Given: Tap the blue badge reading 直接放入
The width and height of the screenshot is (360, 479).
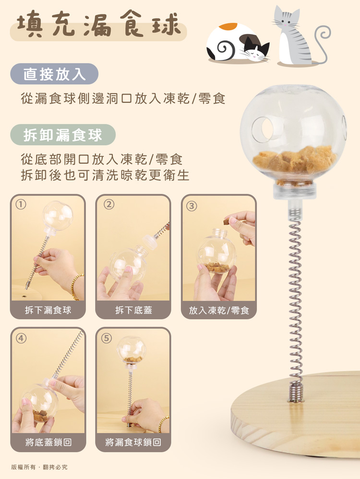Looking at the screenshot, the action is click(54, 74).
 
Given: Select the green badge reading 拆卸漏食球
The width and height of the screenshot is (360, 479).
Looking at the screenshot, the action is click(63, 135).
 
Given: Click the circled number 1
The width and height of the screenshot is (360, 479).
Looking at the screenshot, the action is click(21, 204).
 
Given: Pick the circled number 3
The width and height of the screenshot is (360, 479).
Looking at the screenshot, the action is click(192, 206).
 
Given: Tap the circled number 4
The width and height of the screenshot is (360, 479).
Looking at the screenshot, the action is click(21, 338).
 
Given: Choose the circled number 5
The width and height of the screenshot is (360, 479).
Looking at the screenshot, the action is click(107, 338).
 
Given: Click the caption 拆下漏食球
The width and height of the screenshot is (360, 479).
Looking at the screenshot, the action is click(48, 310).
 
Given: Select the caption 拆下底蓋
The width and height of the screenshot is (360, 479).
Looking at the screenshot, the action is click(133, 310).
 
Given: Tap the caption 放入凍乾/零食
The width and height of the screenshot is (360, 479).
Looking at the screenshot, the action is click(219, 311).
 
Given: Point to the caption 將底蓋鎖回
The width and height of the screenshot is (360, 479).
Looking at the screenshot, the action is click(48, 442).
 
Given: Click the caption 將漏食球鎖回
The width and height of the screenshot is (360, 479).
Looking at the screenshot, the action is click(133, 442).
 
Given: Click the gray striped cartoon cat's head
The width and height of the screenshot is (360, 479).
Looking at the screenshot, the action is click(287, 19).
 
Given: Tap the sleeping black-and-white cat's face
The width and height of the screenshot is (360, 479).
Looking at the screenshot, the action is click(258, 51).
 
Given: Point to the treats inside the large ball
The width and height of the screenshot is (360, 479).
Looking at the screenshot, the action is click(294, 160).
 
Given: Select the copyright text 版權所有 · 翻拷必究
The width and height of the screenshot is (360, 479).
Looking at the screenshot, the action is click(39, 467).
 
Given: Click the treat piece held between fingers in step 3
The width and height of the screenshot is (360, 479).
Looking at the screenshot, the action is click(227, 222).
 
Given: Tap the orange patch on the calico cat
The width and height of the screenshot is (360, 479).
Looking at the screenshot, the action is click(228, 26).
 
